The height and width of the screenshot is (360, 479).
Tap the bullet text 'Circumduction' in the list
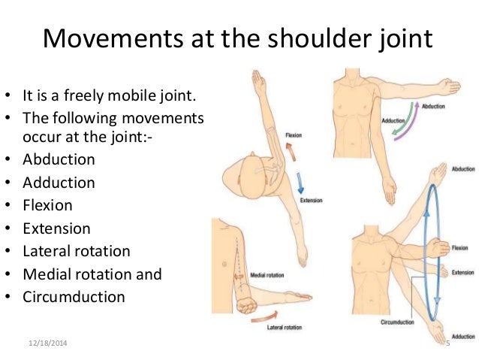(74, 296)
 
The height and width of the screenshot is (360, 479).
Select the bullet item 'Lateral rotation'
(76, 251)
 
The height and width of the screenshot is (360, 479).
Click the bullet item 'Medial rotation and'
(92, 274)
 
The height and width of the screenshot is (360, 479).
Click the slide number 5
(447, 343)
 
